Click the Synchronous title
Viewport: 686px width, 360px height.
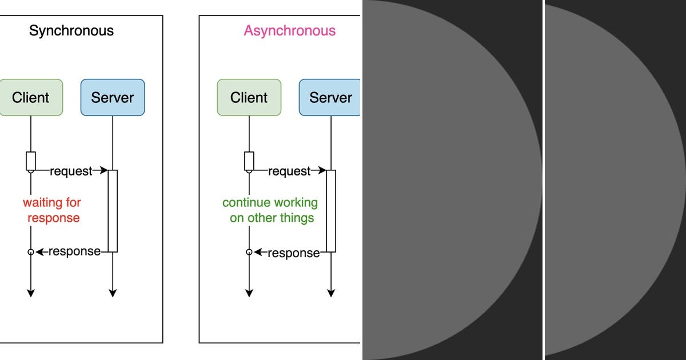point(71,31)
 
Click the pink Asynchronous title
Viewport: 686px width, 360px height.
point(290,31)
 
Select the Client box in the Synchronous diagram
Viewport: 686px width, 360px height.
point(31,98)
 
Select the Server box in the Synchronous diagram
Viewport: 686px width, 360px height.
point(113,98)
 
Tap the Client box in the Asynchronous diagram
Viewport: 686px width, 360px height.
point(249,98)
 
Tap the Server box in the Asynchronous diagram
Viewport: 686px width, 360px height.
point(330,98)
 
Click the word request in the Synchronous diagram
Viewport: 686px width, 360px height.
point(71,171)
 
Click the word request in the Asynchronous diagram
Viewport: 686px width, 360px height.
point(289,171)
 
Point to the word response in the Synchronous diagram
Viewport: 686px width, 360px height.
point(74,251)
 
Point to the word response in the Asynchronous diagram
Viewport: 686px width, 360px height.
point(293,253)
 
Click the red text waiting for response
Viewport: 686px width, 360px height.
point(52,210)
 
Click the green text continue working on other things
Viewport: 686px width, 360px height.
point(270,210)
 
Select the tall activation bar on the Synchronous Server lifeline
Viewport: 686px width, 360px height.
point(113,211)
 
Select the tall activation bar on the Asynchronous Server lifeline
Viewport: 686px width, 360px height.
point(331,211)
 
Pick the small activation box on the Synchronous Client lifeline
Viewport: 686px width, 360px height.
point(31,161)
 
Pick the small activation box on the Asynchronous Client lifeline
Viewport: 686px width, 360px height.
point(249,161)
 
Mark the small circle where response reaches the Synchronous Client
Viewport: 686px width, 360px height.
point(31,252)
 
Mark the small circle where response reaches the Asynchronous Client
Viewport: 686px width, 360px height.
point(249,252)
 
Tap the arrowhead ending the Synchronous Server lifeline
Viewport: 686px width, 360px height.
point(113,293)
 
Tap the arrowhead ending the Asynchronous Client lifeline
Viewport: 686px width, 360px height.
point(249,293)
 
